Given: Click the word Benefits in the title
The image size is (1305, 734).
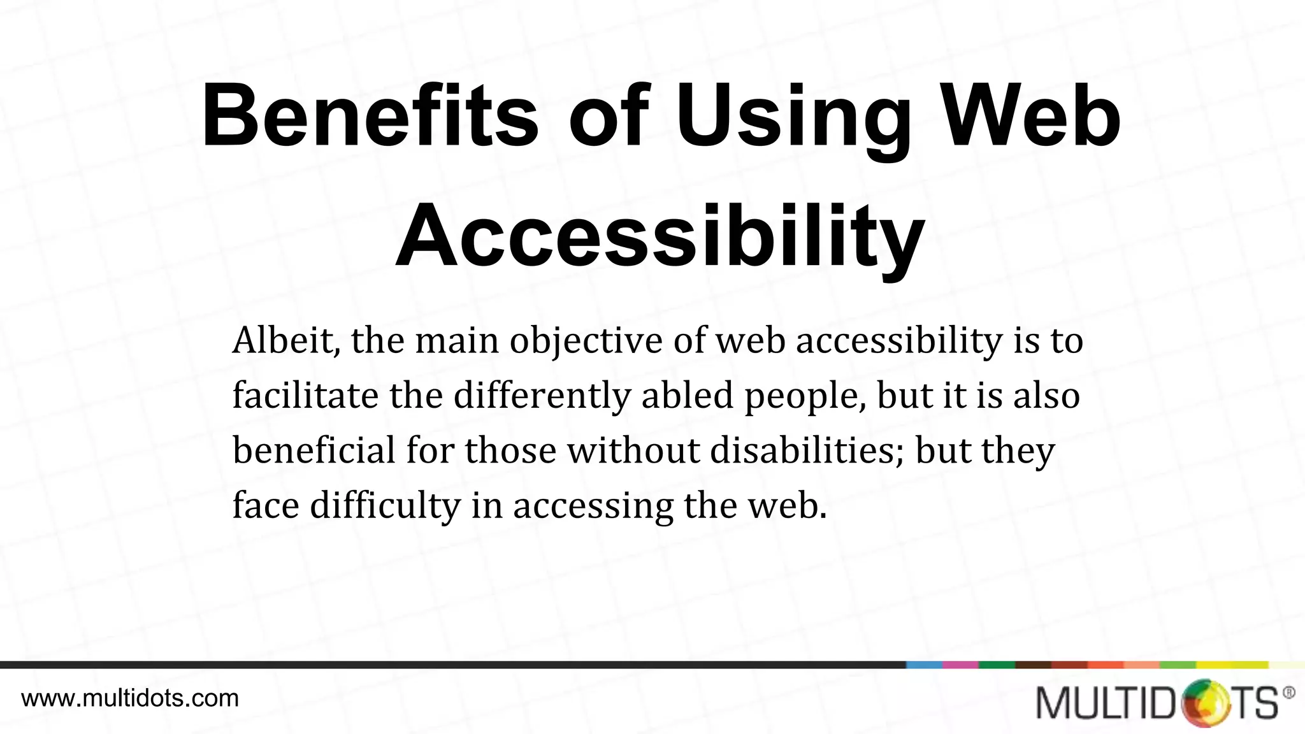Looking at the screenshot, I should (x=370, y=117).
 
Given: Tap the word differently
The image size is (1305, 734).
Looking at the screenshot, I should (x=542, y=396).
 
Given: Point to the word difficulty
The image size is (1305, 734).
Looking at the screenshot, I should (x=385, y=506).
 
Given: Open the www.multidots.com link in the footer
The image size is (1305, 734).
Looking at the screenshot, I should (x=130, y=698).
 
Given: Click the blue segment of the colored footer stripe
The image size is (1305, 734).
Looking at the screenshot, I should (x=924, y=665).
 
